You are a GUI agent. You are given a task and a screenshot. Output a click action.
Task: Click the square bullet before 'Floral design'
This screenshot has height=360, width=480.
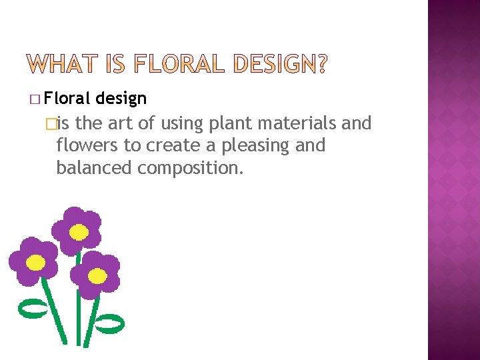click(x=35, y=100)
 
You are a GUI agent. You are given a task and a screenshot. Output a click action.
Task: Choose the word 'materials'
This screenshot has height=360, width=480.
click(x=300, y=123)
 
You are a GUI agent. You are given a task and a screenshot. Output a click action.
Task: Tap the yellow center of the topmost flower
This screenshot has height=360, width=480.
click(x=79, y=232)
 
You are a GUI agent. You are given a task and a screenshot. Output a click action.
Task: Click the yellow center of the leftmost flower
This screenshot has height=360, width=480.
click(x=35, y=263)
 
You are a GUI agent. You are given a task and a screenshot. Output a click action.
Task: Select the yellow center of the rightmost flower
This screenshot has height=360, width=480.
click(x=97, y=275)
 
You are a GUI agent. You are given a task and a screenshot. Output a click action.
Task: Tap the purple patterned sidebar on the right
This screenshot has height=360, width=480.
click(x=453, y=180)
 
